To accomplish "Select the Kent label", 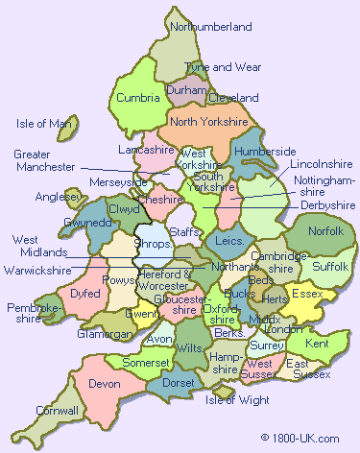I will (317, 343).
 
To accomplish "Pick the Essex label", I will (307, 293).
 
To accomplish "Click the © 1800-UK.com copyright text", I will (300, 438).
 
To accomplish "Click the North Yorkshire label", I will (208, 122).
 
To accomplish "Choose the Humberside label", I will (265, 152).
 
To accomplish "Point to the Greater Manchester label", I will (44, 160).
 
